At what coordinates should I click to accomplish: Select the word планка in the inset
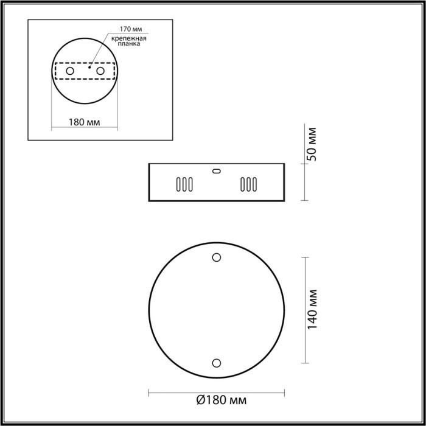pyautogui.click(x=128, y=44)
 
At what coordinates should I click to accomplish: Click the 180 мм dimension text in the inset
pyautogui.click(x=85, y=122)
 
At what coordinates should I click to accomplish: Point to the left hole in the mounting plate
pyautogui.click(x=70, y=72)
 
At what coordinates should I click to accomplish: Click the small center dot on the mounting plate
pyautogui.click(x=89, y=68)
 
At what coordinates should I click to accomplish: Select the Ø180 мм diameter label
pyautogui.click(x=222, y=401)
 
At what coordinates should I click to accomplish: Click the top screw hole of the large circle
pyautogui.click(x=216, y=257)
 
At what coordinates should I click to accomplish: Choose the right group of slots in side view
pyautogui.click(x=248, y=184)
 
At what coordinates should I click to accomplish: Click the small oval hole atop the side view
pyautogui.click(x=216, y=171)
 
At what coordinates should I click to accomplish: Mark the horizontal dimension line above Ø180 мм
pyautogui.click(x=216, y=390)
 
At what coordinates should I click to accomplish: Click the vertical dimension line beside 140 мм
pyautogui.click(x=305, y=310)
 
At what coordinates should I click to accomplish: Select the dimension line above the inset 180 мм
pyautogui.click(x=85, y=129)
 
